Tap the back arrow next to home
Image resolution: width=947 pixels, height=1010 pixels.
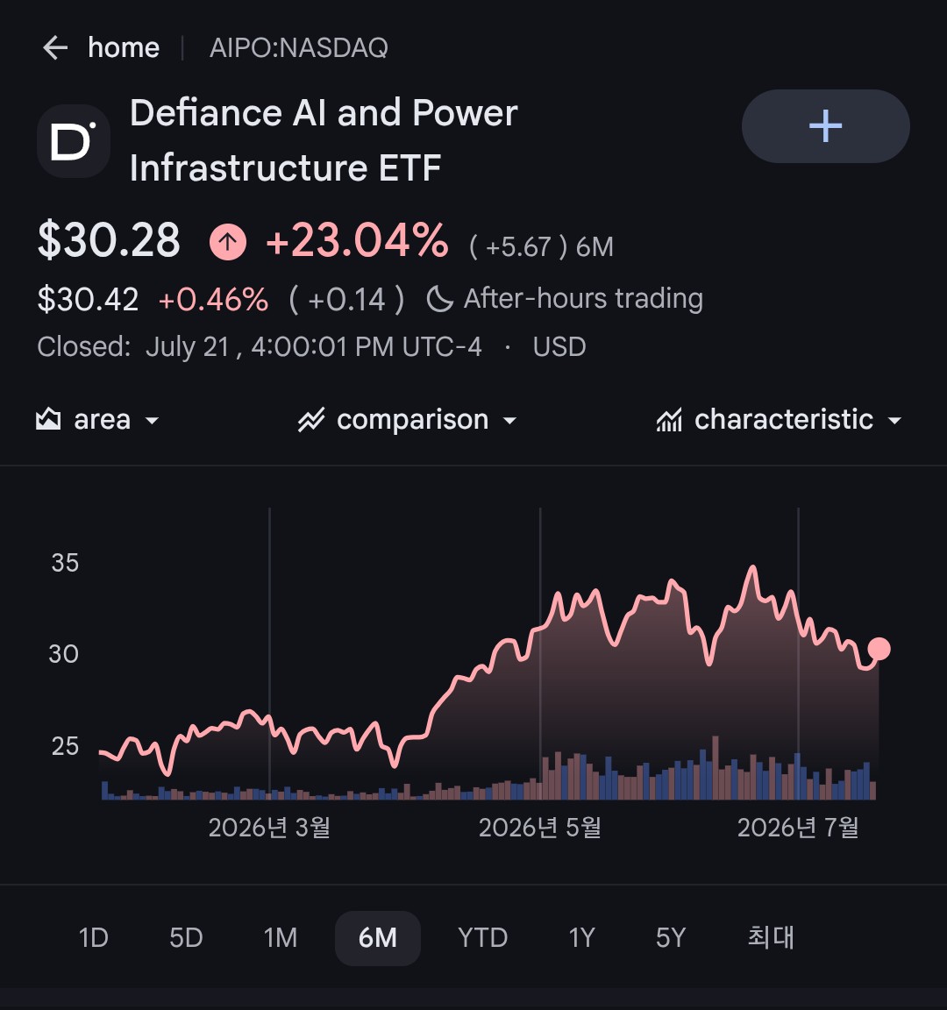[x=55, y=47]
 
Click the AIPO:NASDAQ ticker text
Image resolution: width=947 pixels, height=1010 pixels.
[x=299, y=47]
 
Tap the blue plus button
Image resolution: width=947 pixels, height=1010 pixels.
[x=825, y=125]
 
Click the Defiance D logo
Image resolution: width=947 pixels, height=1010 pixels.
[x=74, y=141]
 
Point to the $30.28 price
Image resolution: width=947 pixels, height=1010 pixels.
[x=109, y=239]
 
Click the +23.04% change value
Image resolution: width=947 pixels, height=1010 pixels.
[x=357, y=240]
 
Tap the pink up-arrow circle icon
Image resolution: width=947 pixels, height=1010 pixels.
[x=227, y=242]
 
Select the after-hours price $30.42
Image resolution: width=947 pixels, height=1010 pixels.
[x=89, y=300]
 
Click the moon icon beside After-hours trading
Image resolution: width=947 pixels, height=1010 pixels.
[x=440, y=299]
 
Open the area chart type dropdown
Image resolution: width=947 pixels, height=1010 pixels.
[x=97, y=420]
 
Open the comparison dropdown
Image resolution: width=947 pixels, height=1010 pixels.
[x=407, y=420]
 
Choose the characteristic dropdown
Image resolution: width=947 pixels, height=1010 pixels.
[x=779, y=420]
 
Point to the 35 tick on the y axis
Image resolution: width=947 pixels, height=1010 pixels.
[x=65, y=563]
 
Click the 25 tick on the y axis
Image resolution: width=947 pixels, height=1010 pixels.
[x=65, y=746]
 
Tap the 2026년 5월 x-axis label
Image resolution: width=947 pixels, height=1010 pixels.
[x=540, y=828]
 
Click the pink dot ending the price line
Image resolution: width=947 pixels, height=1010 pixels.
[x=879, y=649]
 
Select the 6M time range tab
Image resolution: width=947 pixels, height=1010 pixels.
[x=378, y=938]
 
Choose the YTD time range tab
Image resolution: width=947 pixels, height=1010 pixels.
[x=482, y=938]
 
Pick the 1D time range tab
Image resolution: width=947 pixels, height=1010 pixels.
[x=94, y=938]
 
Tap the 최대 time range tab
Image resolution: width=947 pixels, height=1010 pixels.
[x=771, y=937]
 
